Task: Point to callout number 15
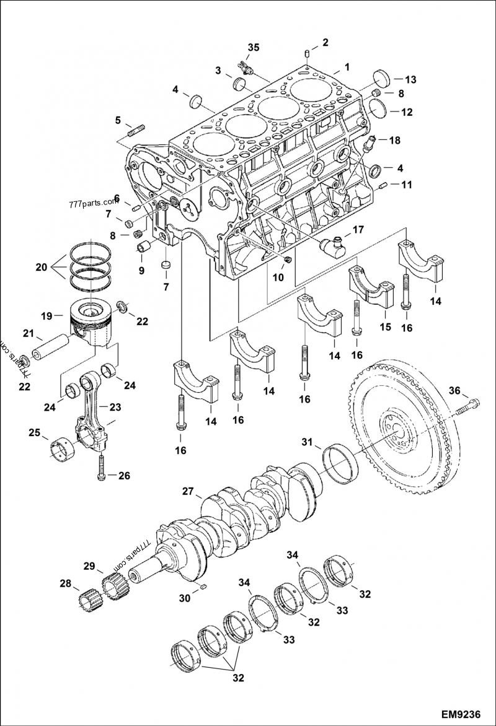pos(385,326)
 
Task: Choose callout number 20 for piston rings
pos(41,268)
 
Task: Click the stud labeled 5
pos(136,131)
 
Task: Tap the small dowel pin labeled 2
pos(308,55)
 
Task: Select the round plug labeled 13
pos(382,79)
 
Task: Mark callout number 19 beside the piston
pos(46,316)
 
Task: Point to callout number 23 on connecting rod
pos(116,407)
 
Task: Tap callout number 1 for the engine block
pos(347,66)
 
